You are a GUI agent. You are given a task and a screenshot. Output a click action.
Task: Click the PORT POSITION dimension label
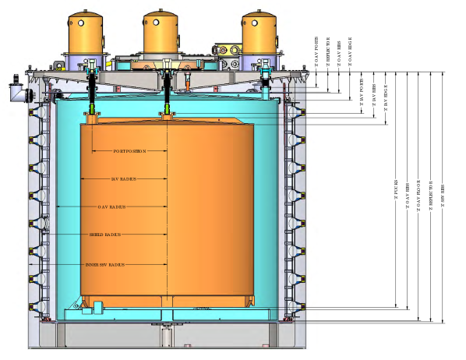(x=130, y=151)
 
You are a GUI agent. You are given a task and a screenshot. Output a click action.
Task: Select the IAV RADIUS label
(x=124, y=178)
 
